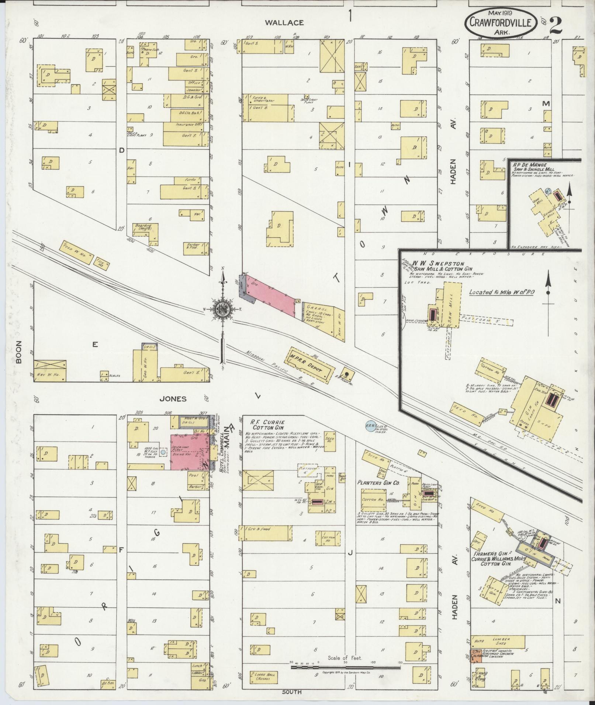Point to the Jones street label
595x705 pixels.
click(173, 399)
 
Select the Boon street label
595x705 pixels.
click(19, 352)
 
